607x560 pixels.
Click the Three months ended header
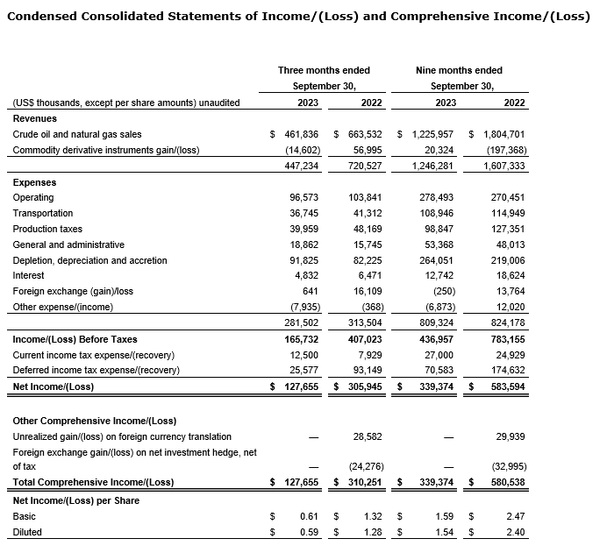(x=324, y=70)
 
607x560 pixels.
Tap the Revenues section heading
(x=35, y=118)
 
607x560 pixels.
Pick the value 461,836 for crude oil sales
(x=299, y=134)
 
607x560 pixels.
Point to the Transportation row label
(x=43, y=213)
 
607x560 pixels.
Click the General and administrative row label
(x=68, y=245)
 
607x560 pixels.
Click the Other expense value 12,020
(x=510, y=308)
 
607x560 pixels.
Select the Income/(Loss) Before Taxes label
(x=75, y=339)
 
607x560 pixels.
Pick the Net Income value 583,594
(x=508, y=386)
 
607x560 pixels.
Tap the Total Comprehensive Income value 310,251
(x=363, y=482)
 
